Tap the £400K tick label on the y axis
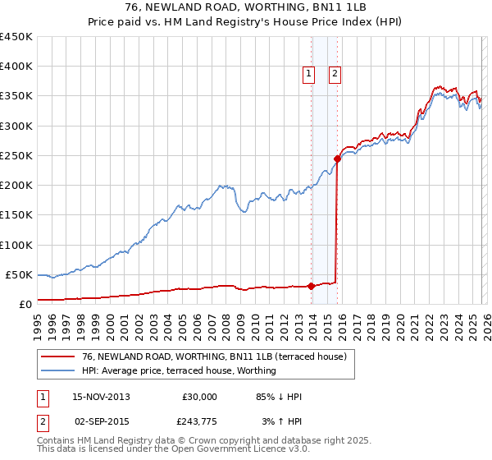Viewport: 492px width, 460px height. pyautogui.click(x=16, y=67)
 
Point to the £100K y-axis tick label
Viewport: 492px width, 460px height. pyautogui.click(x=16, y=245)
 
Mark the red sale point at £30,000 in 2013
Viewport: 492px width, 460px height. pyautogui.click(x=311, y=286)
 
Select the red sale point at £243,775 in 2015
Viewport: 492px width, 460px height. pyautogui.click(x=337, y=159)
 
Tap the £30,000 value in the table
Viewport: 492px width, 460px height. pyautogui.click(x=199, y=397)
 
